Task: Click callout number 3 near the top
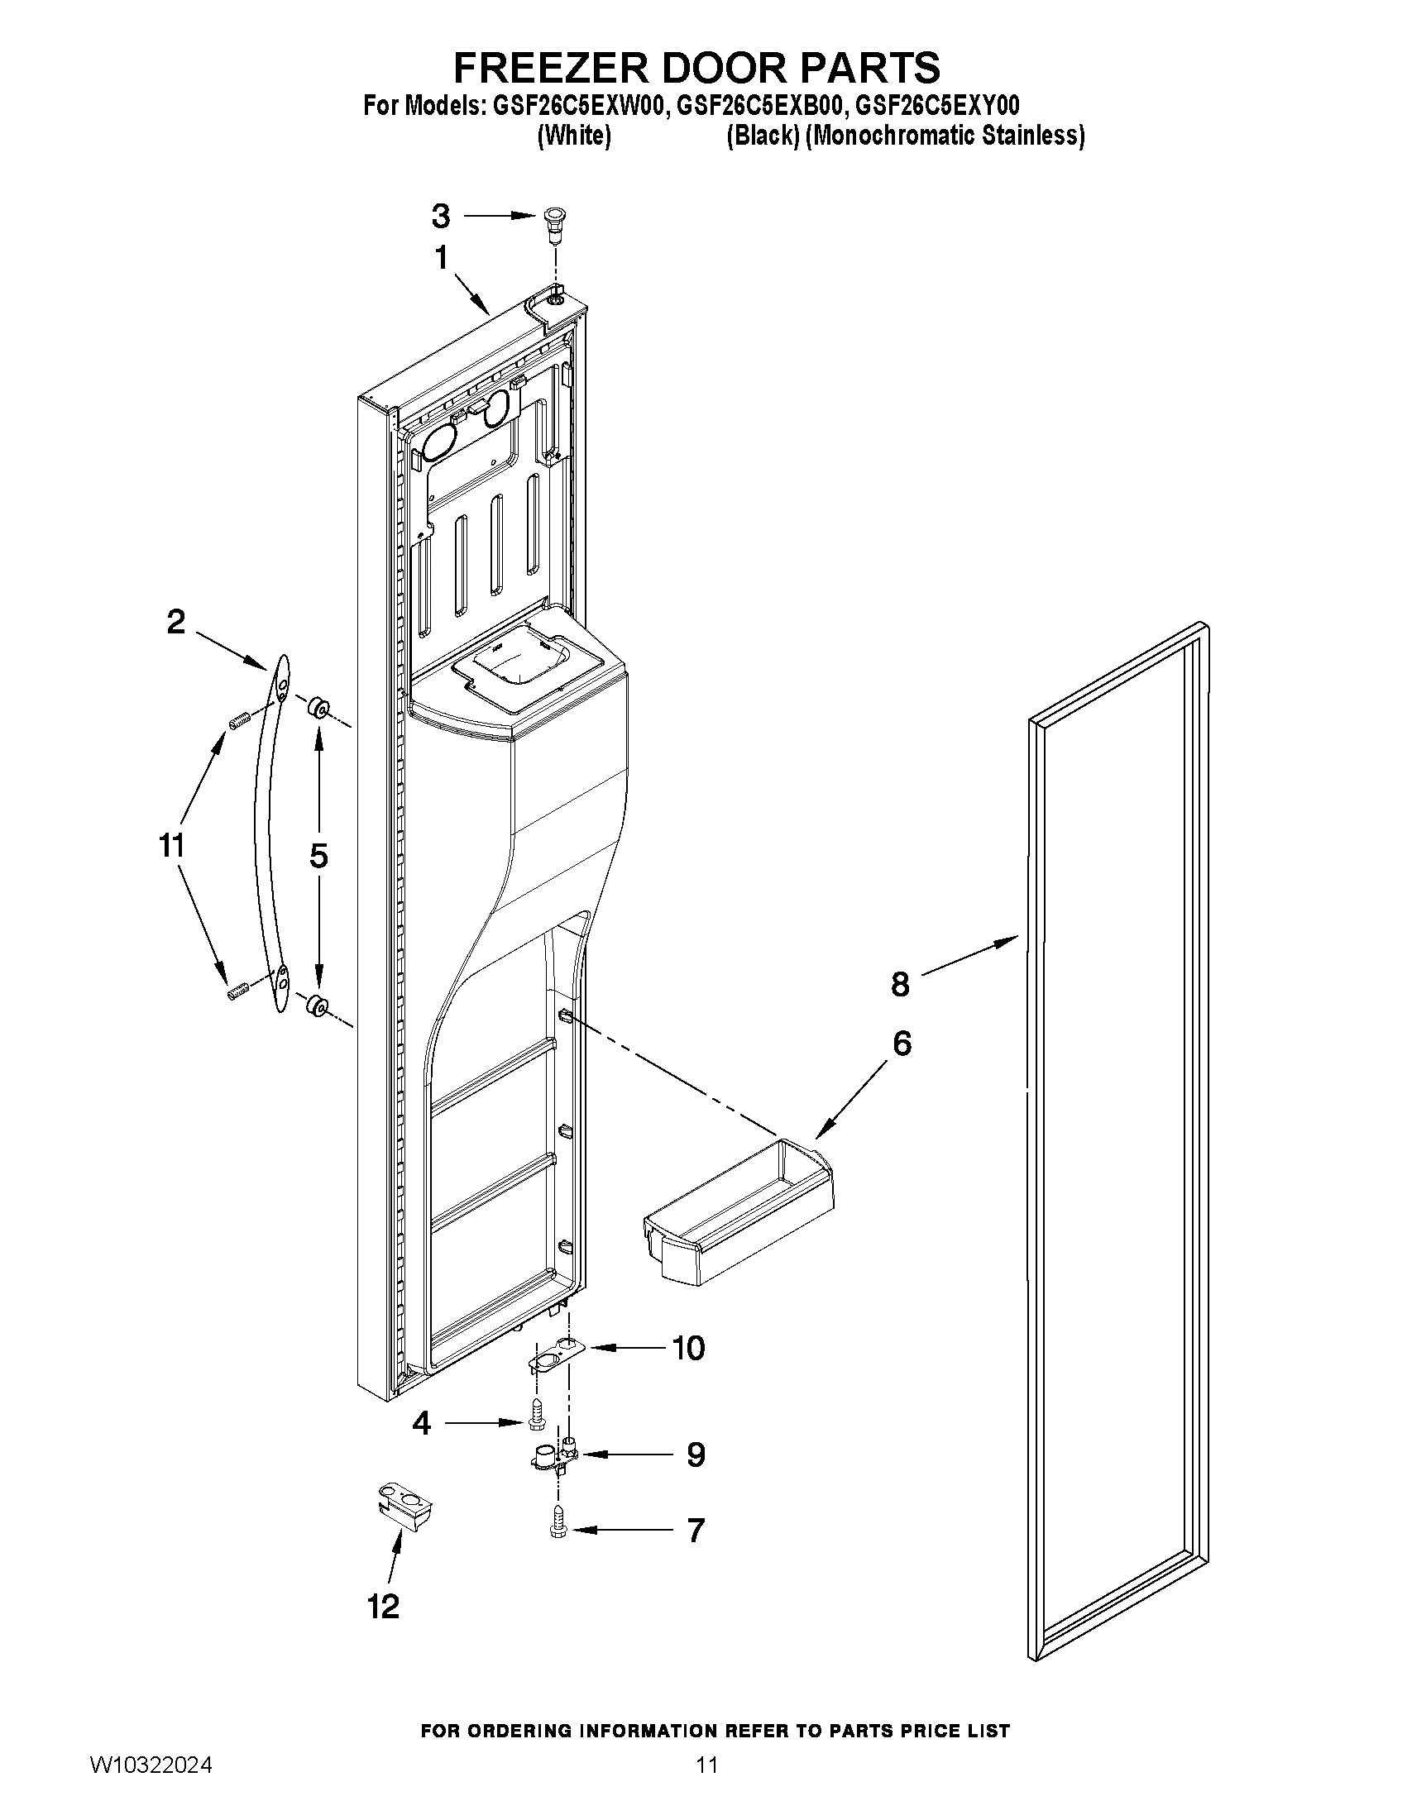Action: (440, 216)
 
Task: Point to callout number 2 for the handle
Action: (176, 622)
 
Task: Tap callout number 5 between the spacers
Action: (318, 856)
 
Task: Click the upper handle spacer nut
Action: (318, 709)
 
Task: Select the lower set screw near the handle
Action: (238, 991)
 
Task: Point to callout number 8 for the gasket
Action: (900, 984)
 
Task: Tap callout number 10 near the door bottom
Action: (688, 1348)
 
